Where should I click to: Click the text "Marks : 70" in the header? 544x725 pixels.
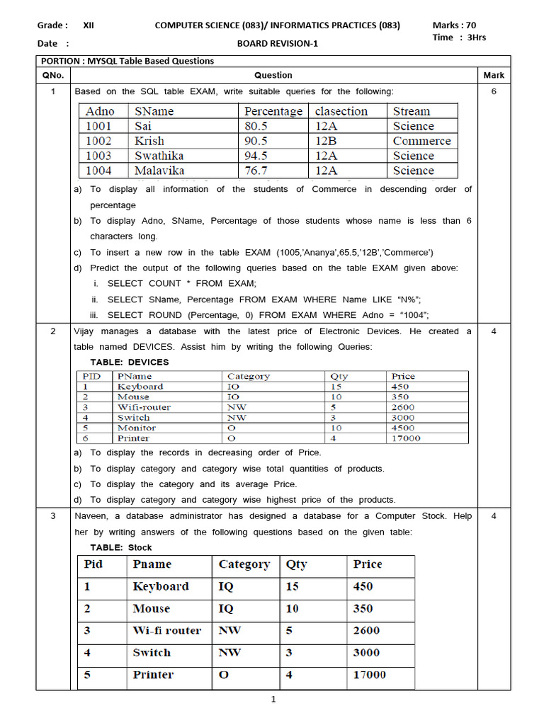click(x=454, y=25)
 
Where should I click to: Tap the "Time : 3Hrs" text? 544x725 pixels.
click(x=459, y=38)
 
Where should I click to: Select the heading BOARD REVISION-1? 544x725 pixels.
click(x=278, y=43)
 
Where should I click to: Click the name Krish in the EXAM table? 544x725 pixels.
click(x=149, y=141)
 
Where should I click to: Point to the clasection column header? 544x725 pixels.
click(x=341, y=111)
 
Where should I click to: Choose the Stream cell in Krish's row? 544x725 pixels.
click(x=421, y=141)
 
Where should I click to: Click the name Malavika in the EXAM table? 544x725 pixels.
click(x=159, y=171)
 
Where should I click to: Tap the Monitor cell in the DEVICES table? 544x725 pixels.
click(x=136, y=428)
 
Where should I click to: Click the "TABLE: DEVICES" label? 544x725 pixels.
click(x=130, y=362)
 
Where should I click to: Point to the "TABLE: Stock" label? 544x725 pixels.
click(x=121, y=547)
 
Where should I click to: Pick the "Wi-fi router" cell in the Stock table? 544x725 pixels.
click(x=166, y=630)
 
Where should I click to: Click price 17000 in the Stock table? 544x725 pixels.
click(x=370, y=675)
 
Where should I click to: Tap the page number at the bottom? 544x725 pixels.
click(x=273, y=700)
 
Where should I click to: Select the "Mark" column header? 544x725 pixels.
click(x=494, y=75)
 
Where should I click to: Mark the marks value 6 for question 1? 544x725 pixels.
click(x=494, y=91)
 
